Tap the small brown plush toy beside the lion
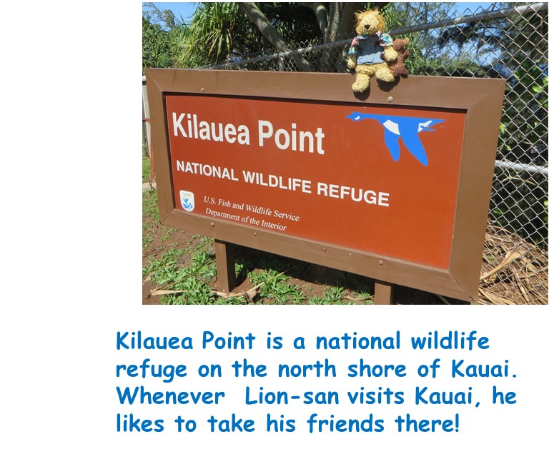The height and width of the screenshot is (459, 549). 398,57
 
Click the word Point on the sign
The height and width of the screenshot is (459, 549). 292,137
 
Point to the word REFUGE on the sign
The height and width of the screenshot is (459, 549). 353,195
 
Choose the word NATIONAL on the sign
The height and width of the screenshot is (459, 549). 207,170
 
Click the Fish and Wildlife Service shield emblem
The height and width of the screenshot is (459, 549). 187,201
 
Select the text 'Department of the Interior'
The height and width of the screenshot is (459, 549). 246,220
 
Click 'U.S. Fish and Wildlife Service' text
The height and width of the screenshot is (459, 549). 252,208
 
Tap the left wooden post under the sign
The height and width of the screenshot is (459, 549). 224,266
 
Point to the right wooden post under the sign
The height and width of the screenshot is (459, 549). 383,293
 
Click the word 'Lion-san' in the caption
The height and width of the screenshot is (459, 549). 292,396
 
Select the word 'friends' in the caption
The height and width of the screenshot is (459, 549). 345,423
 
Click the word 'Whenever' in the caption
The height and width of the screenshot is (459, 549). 170,396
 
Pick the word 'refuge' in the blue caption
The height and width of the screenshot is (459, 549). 152,370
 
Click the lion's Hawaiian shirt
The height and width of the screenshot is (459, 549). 370,50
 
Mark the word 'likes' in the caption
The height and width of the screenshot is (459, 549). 139,423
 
